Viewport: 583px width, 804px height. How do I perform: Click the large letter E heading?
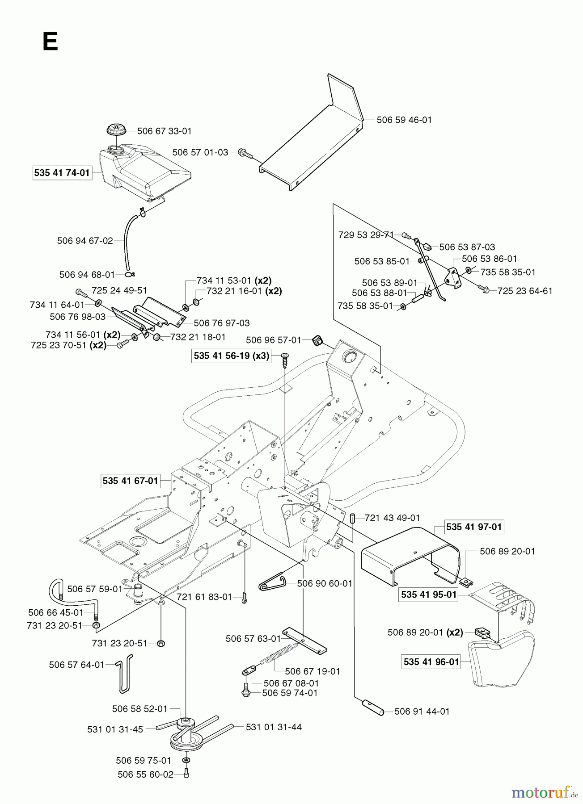click(50, 42)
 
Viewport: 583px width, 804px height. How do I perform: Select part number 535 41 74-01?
click(62, 173)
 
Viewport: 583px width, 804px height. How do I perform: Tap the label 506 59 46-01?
click(404, 120)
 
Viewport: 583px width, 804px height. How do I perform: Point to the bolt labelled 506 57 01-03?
click(245, 153)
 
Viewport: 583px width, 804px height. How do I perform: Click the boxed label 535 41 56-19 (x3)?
click(232, 356)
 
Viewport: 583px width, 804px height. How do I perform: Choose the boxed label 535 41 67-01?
click(130, 481)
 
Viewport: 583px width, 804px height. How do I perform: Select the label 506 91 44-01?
click(422, 711)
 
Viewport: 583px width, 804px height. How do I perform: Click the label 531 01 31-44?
click(274, 727)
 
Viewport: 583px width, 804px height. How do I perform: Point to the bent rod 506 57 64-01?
click(124, 673)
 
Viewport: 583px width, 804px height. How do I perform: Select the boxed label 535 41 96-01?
click(431, 662)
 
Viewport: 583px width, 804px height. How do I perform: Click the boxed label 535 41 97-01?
click(474, 527)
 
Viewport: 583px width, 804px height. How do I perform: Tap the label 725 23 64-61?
click(525, 291)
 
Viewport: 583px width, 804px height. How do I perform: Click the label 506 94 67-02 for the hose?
click(85, 241)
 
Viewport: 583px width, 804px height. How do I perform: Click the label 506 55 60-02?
click(145, 774)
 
